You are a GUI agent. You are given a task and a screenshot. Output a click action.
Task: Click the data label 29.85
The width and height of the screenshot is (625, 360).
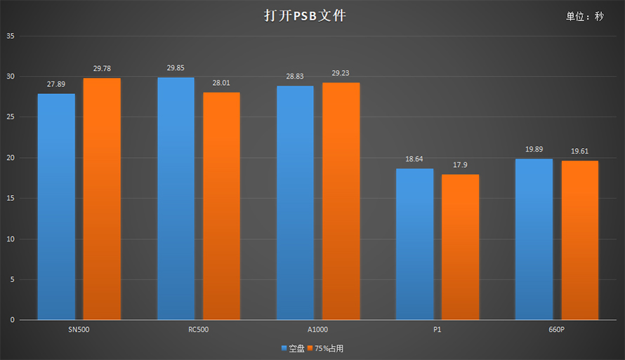click(176, 68)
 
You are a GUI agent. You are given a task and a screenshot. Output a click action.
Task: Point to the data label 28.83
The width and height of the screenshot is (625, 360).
click(295, 76)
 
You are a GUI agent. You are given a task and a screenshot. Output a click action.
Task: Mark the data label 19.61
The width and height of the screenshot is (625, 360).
click(579, 152)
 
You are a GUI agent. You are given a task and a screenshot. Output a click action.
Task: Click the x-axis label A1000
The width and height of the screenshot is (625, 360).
click(317, 329)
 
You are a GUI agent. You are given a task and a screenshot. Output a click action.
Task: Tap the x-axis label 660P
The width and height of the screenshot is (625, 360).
click(556, 329)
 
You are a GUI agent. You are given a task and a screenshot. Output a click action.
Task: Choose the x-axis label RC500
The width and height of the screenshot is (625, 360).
click(198, 329)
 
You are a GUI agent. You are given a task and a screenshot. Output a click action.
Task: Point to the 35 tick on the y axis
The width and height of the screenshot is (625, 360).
click(10, 36)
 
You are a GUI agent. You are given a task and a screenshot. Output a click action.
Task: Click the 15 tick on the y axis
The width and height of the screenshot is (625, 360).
click(10, 199)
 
